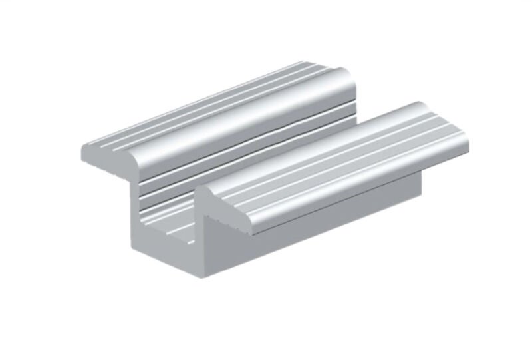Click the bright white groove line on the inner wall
point(219,156)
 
